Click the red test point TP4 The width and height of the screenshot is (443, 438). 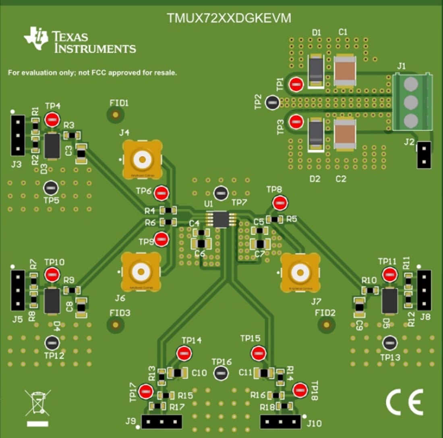click(52, 120)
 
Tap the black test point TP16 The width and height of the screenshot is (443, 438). click(220, 373)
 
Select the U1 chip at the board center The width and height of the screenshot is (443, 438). click(220, 219)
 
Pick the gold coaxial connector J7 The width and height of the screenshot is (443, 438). click(300, 273)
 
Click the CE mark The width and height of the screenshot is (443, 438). click(404, 402)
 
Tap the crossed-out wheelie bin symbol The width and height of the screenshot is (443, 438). click(37, 403)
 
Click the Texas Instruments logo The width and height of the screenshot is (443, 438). click(80, 41)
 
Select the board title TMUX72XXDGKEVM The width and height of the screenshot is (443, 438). click(229, 19)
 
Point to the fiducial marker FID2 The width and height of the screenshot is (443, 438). click(327, 324)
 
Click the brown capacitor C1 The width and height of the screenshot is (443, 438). click(345, 71)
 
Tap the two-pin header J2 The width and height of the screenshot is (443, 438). click(424, 155)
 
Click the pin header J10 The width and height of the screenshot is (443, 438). click(281, 421)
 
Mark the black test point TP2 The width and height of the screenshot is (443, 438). click(272, 103)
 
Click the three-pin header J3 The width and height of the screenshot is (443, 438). click(17, 135)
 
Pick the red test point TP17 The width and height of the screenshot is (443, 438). click(145, 391)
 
